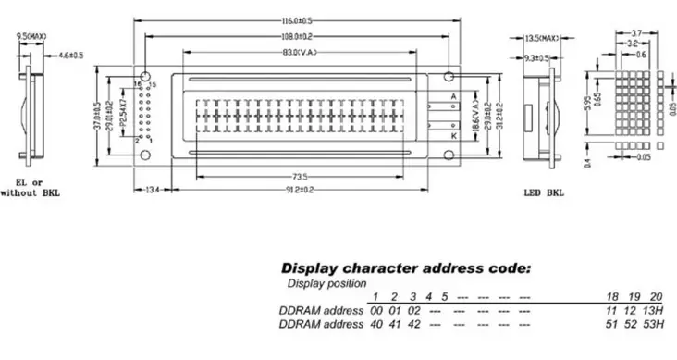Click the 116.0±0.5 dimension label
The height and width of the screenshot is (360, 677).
[298, 20]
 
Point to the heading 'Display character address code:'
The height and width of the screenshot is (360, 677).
[405, 267]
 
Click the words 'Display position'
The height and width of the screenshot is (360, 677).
[326, 283]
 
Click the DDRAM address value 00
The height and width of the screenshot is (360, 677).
[376, 310]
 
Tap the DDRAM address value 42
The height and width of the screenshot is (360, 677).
[414, 325]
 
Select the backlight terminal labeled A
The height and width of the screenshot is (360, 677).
[452, 95]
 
